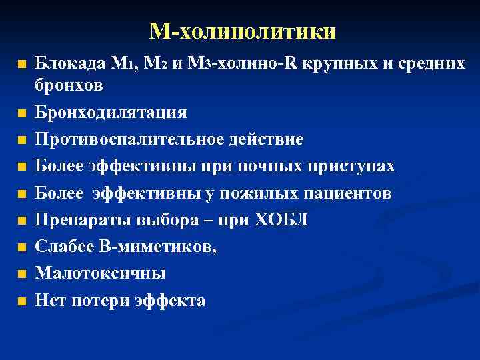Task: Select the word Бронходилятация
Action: click(111, 112)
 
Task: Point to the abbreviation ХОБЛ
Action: click(281, 220)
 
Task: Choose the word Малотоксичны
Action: click(101, 273)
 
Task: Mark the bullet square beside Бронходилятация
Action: click(23, 113)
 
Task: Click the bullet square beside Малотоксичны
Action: click(23, 274)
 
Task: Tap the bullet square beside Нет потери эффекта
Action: click(23, 301)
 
